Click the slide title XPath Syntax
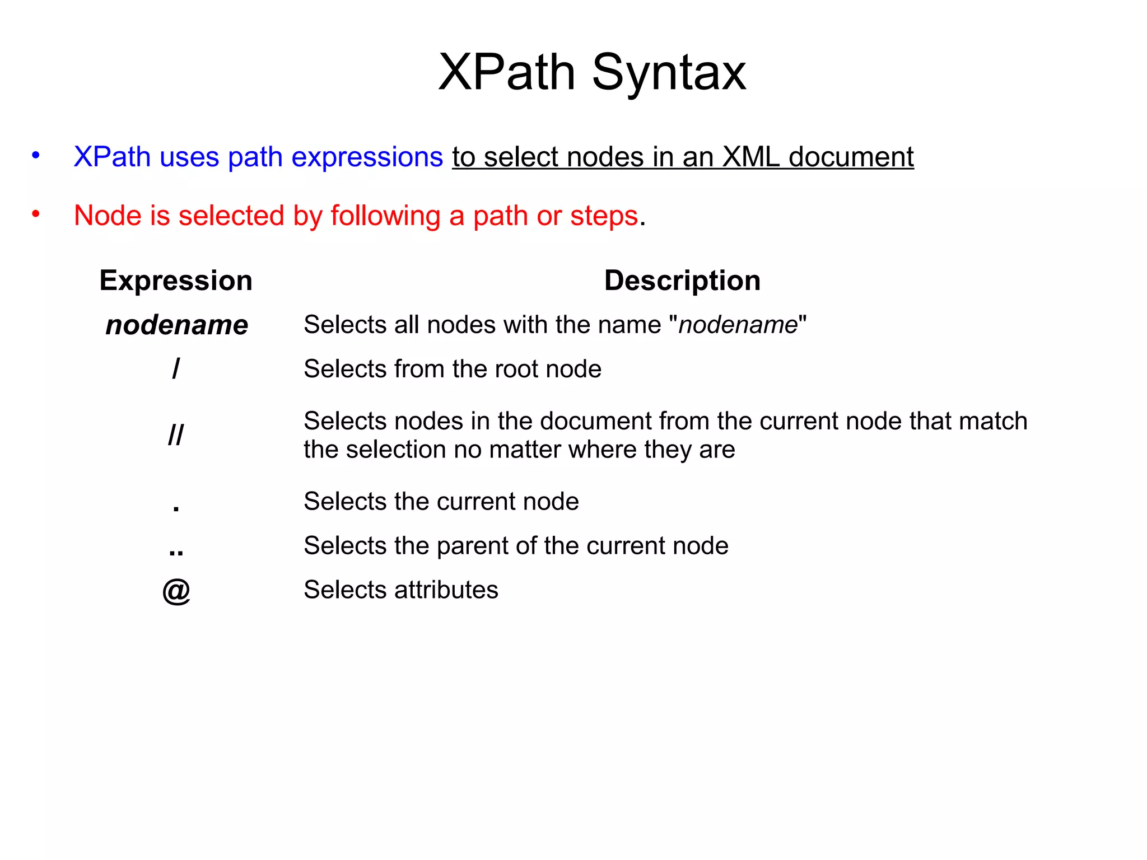pyautogui.click(x=592, y=72)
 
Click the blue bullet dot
pyautogui.click(x=36, y=155)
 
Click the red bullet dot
pyautogui.click(x=36, y=214)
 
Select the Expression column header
pyautogui.click(x=176, y=281)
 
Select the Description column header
pyautogui.click(x=682, y=281)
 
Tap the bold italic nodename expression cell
pyautogui.click(x=176, y=325)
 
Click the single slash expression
pyautogui.click(x=176, y=369)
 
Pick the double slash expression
pyautogui.click(x=176, y=434)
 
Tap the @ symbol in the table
pyautogui.click(x=176, y=591)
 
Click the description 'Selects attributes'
pyautogui.click(x=400, y=590)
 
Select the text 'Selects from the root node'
pyautogui.click(x=452, y=369)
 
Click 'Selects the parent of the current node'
pyautogui.click(x=516, y=546)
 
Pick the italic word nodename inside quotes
pyautogui.click(x=738, y=325)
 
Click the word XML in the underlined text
pyautogui.click(x=750, y=157)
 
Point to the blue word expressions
pyautogui.click(x=367, y=157)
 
